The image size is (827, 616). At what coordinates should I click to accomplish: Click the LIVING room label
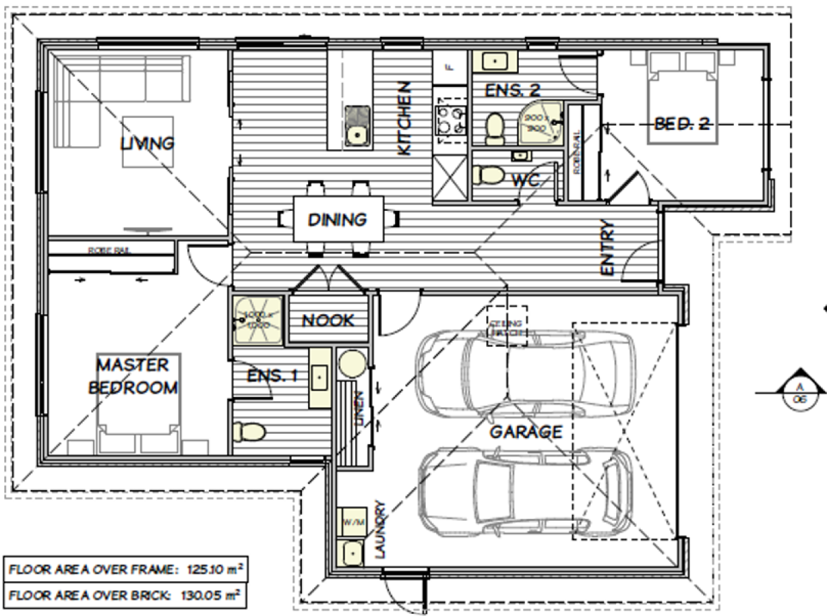[147, 143]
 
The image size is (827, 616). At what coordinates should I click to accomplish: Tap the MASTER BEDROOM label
[133, 375]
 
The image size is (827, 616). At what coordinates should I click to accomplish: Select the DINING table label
[337, 220]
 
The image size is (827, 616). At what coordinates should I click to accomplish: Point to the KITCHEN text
[405, 118]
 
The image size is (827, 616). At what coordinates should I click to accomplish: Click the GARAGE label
[525, 432]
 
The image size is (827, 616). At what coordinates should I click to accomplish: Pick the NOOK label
[329, 320]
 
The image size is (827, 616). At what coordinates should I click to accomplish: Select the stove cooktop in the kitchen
[450, 121]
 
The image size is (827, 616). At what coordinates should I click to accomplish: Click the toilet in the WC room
[489, 175]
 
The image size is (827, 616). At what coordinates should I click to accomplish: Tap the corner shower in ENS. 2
[541, 123]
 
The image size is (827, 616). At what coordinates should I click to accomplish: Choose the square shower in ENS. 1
[257, 319]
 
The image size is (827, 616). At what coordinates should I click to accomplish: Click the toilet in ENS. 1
[248, 431]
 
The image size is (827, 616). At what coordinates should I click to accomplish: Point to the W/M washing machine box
[353, 522]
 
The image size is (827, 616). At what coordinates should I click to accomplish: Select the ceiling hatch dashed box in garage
[506, 326]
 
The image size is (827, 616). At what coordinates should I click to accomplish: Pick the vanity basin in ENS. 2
[493, 62]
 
